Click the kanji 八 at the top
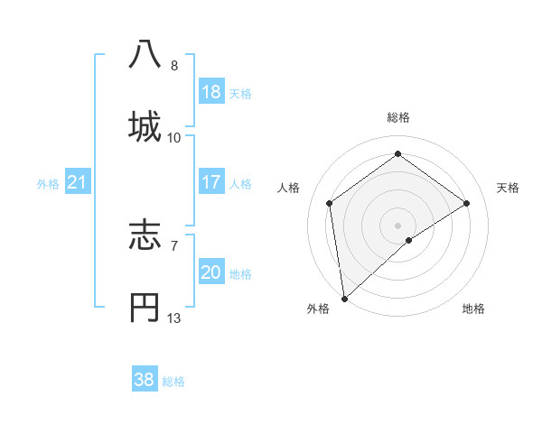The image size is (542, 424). (145, 55)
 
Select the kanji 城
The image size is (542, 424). (145, 124)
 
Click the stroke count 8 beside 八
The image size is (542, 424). (174, 66)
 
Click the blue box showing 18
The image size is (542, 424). (211, 92)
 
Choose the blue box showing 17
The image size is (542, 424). (211, 182)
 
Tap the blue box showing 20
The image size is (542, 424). (211, 272)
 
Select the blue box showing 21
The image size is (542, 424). (78, 183)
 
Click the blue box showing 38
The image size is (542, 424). (145, 380)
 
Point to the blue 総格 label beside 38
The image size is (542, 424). (173, 382)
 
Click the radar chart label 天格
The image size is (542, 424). (508, 188)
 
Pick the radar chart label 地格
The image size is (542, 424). (473, 309)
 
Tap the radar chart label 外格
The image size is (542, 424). (318, 309)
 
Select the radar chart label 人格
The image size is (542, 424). (288, 188)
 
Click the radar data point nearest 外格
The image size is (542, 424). (343, 298)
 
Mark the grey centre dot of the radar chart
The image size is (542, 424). (397, 225)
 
